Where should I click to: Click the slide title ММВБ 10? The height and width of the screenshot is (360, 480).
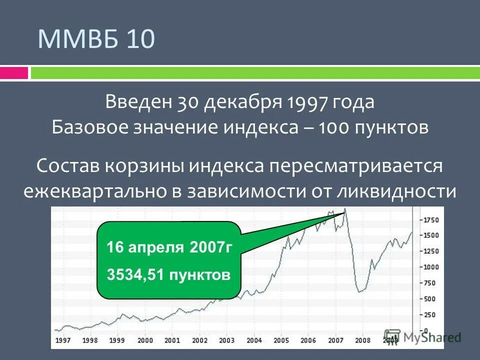coord(96,39)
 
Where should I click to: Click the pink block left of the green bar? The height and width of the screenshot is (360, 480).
coord(14,73)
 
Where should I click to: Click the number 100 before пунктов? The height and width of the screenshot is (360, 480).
coord(333,128)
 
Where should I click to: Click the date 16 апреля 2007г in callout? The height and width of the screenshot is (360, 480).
coord(169,247)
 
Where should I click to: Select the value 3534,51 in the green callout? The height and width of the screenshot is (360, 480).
coord(136,274)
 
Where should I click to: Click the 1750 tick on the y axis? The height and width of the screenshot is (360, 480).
coord(430,219)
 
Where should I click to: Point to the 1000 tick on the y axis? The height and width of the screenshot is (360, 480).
coord(430,267)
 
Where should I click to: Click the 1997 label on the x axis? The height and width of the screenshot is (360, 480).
coord(62,340)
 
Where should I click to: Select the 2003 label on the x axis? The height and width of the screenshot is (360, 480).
coord(226,340)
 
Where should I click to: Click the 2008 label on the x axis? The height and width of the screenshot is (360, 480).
coord(363,340)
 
